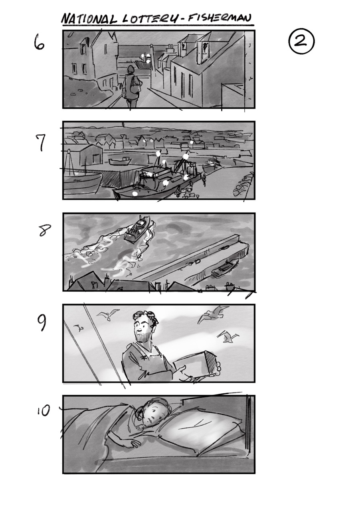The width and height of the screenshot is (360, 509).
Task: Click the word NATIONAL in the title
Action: coord(89,19)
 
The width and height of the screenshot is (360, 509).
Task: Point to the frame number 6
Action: coord(39,43)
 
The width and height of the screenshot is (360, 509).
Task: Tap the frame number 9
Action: coord(42,324)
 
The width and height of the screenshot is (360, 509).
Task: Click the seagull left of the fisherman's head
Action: coord(108,316)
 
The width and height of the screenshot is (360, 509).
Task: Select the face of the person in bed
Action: coord(152,415)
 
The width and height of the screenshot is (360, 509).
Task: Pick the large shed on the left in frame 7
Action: coord(91,156)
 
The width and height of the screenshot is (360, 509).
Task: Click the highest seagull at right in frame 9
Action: coord(214,314)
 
